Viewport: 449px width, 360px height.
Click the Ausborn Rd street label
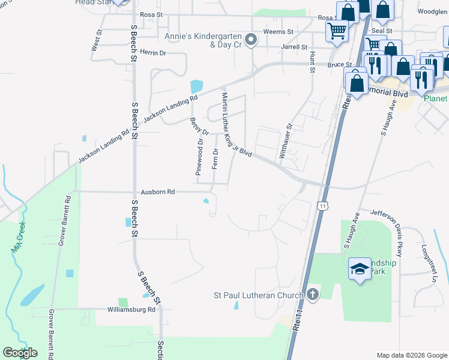click(157, 192)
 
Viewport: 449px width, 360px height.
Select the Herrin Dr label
click(152, 53)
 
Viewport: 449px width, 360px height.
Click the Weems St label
click(280, 31)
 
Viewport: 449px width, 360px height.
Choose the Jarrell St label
click(295, 47)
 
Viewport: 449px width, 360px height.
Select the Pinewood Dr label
click(199, 158)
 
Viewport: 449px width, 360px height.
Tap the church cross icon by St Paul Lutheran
click(312, 295)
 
